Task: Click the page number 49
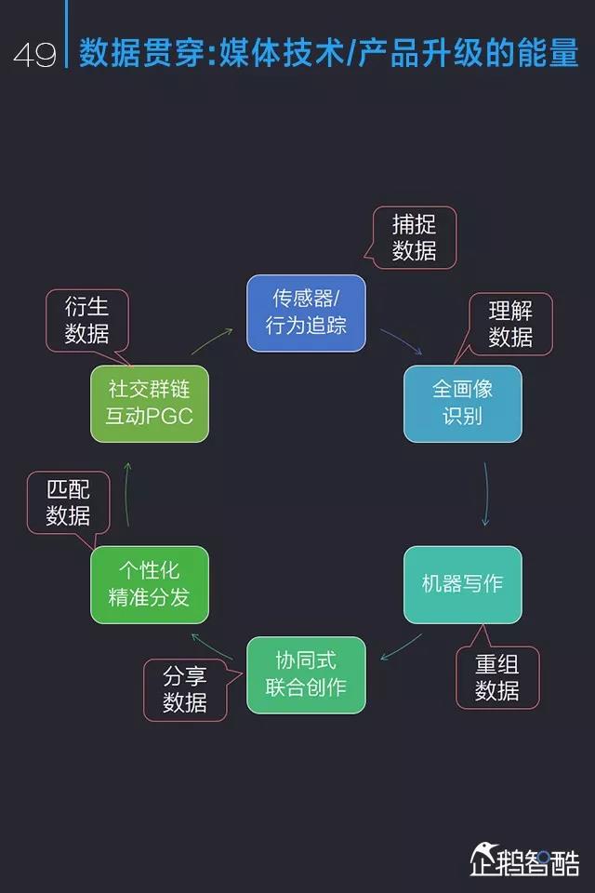coord(34,54)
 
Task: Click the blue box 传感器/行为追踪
coord(306,313)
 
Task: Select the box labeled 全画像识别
coord(462,403)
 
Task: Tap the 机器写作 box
coord(462,584)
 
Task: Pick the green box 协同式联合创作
coord(306,673)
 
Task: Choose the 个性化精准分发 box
coord(150,584)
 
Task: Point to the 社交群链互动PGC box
coord(150,403)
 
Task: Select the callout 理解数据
coord(510,324)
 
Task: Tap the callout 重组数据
coord(497,677)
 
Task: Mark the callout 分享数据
coord(185,689)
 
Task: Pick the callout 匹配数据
coord(68,502)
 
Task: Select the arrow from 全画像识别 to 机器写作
coord(485,493)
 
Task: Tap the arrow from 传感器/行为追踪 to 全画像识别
coord(401,341)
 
